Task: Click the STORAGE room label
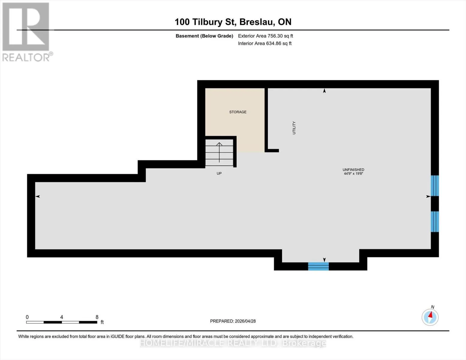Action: (238, 112)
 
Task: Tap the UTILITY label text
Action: (294, 128)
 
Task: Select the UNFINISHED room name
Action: (353, 169)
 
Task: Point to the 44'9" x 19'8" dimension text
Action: (353, 173)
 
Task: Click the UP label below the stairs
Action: (219, 173)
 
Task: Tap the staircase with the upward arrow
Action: (219, 152)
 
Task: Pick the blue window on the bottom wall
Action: (318, 266)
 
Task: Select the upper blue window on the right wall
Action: (435, 186)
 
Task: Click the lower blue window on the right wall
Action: (435, 222)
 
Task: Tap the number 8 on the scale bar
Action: (97, 317)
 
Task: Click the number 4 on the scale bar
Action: (62, 317)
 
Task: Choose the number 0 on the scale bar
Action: (27, 317)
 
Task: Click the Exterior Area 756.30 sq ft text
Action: (265, 36)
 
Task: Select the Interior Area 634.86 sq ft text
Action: (265, 43)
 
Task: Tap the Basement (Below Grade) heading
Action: (204, 36)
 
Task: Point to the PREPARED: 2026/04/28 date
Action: (233, 321)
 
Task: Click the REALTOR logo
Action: (27, 32)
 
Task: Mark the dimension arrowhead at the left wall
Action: (38, 196)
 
